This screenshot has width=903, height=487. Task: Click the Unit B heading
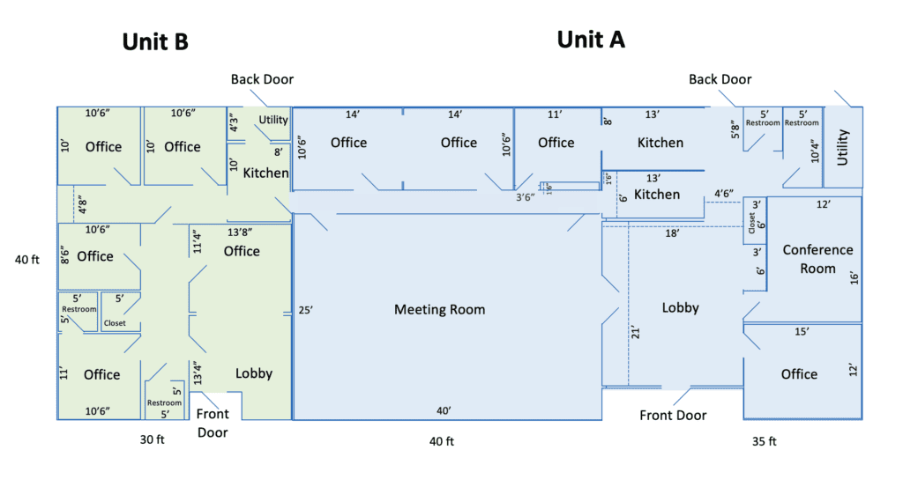155,41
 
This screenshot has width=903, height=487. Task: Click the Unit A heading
591,39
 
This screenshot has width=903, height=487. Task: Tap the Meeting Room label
439,310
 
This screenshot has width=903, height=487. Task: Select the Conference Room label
817,259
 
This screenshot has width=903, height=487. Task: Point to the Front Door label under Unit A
673,416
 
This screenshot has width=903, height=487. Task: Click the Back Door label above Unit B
262,79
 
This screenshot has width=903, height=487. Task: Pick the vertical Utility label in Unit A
843,147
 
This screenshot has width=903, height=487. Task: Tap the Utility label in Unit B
273,120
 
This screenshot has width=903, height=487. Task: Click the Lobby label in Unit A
680,307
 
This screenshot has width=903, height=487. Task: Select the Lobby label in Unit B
254,373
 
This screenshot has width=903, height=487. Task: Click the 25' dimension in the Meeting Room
306,310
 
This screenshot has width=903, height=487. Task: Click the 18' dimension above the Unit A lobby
673,233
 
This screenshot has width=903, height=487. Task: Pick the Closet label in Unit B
115,323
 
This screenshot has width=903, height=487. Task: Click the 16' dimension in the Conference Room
853,276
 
